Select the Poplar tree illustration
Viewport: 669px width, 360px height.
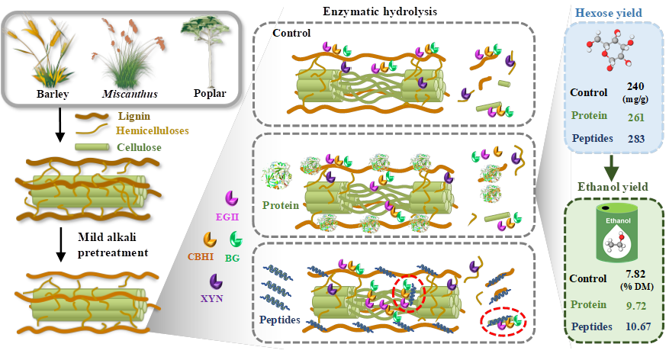(x=203, y=50)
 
